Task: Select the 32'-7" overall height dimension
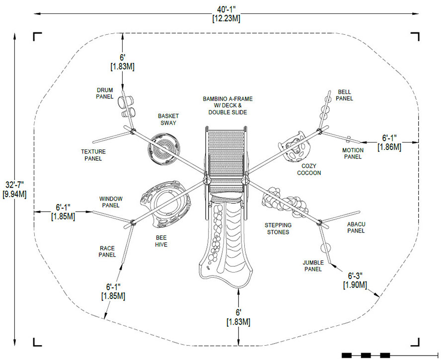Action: (x=14, y=190)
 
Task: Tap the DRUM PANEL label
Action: (x=105, y=93)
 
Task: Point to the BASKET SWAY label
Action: (x=168, y=120)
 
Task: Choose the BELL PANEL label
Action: (x=344, y=95)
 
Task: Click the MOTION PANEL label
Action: (x=353, y=153)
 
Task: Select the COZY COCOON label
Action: (x=309, y=170)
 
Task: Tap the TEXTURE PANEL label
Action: (x=93, y=155)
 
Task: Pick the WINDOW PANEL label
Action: (x=111, y=202)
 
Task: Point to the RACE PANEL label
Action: (x=107, y=251)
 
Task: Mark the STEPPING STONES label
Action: (x=278, y=228)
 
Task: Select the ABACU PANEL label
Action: (x=356, y=227)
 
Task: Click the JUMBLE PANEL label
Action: (x=313, y=266)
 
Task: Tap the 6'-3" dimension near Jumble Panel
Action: (x=355, y=280)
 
